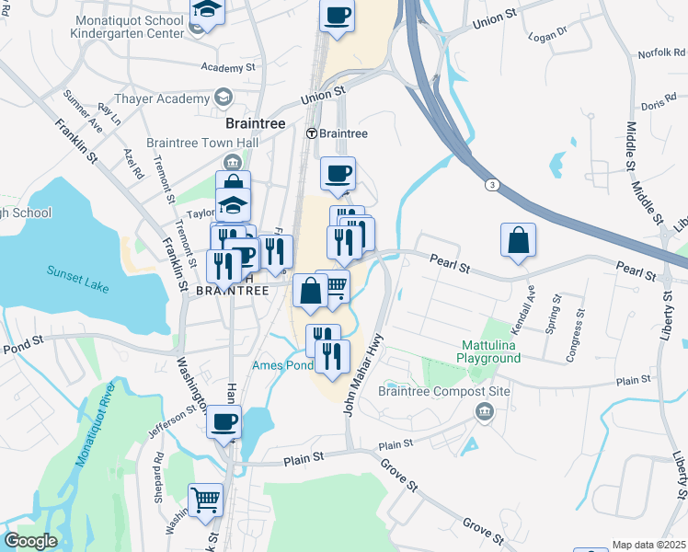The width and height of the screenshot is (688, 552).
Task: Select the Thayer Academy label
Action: [161, 98]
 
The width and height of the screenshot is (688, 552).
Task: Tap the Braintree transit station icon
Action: [312, 133]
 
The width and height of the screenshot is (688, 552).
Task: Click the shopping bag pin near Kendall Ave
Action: [519, 240]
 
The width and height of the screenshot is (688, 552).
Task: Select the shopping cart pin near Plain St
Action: [206, 500]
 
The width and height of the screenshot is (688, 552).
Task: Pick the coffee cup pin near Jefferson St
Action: [224, 422]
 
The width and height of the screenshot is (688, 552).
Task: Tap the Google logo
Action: [30, 541]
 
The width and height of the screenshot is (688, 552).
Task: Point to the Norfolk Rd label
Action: [656, 53]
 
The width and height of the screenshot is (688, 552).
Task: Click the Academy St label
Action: [228, 68]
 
